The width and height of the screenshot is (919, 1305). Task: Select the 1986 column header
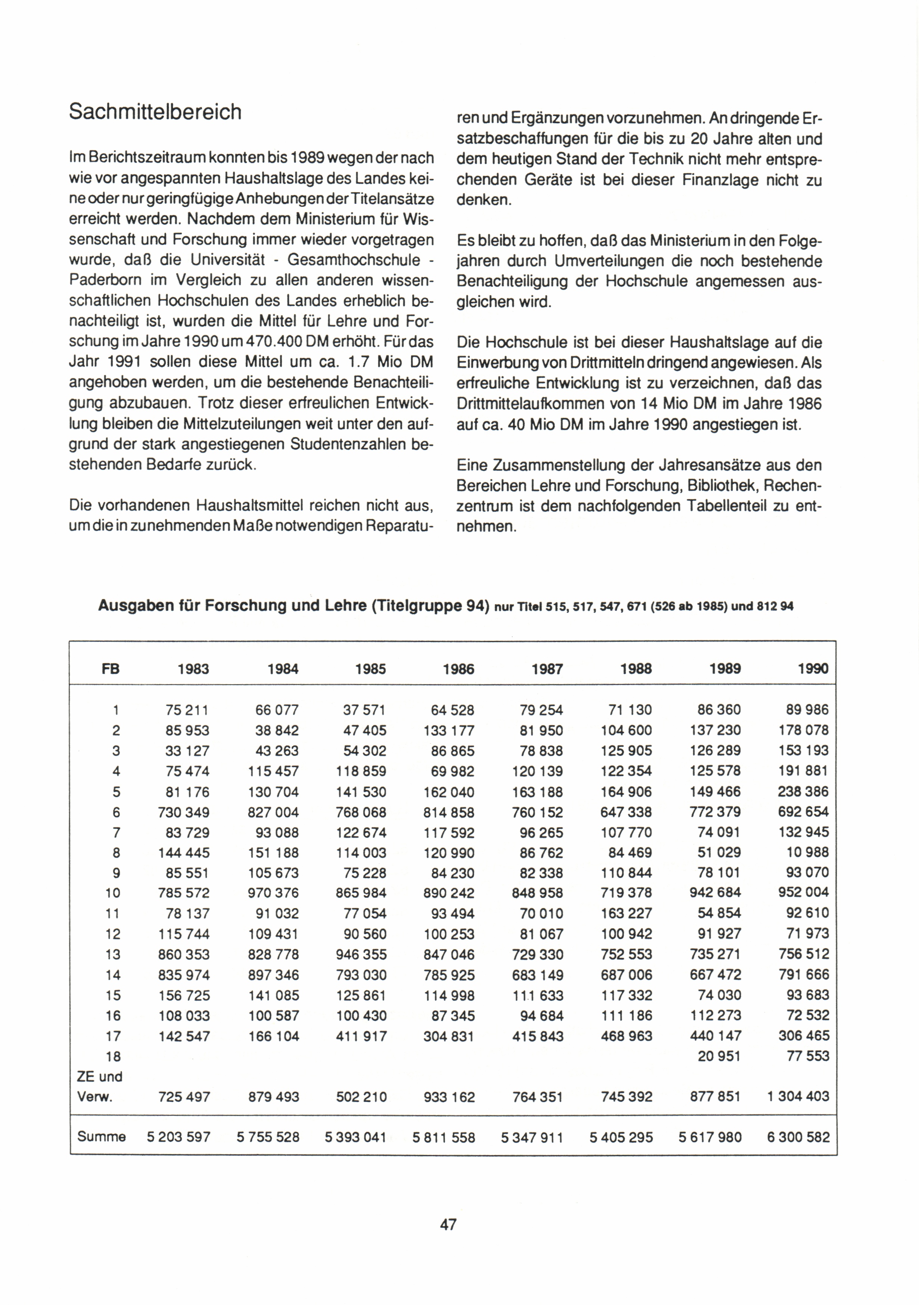tap(458, 669)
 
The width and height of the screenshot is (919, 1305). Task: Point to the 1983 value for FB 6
tap(184, 812)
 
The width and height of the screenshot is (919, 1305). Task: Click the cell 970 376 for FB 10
tap(274, 893)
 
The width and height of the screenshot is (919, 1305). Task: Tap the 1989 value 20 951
tap(719, 1056)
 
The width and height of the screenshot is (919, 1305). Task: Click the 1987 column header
tap(547, 669)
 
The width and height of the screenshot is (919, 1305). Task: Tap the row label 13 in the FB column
tap(113, 954)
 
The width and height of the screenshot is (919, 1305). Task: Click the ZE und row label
tap(100, 1077)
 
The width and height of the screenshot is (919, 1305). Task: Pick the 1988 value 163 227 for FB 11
tap(626, 913)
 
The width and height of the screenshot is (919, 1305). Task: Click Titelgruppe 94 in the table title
tap(431, 606)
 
